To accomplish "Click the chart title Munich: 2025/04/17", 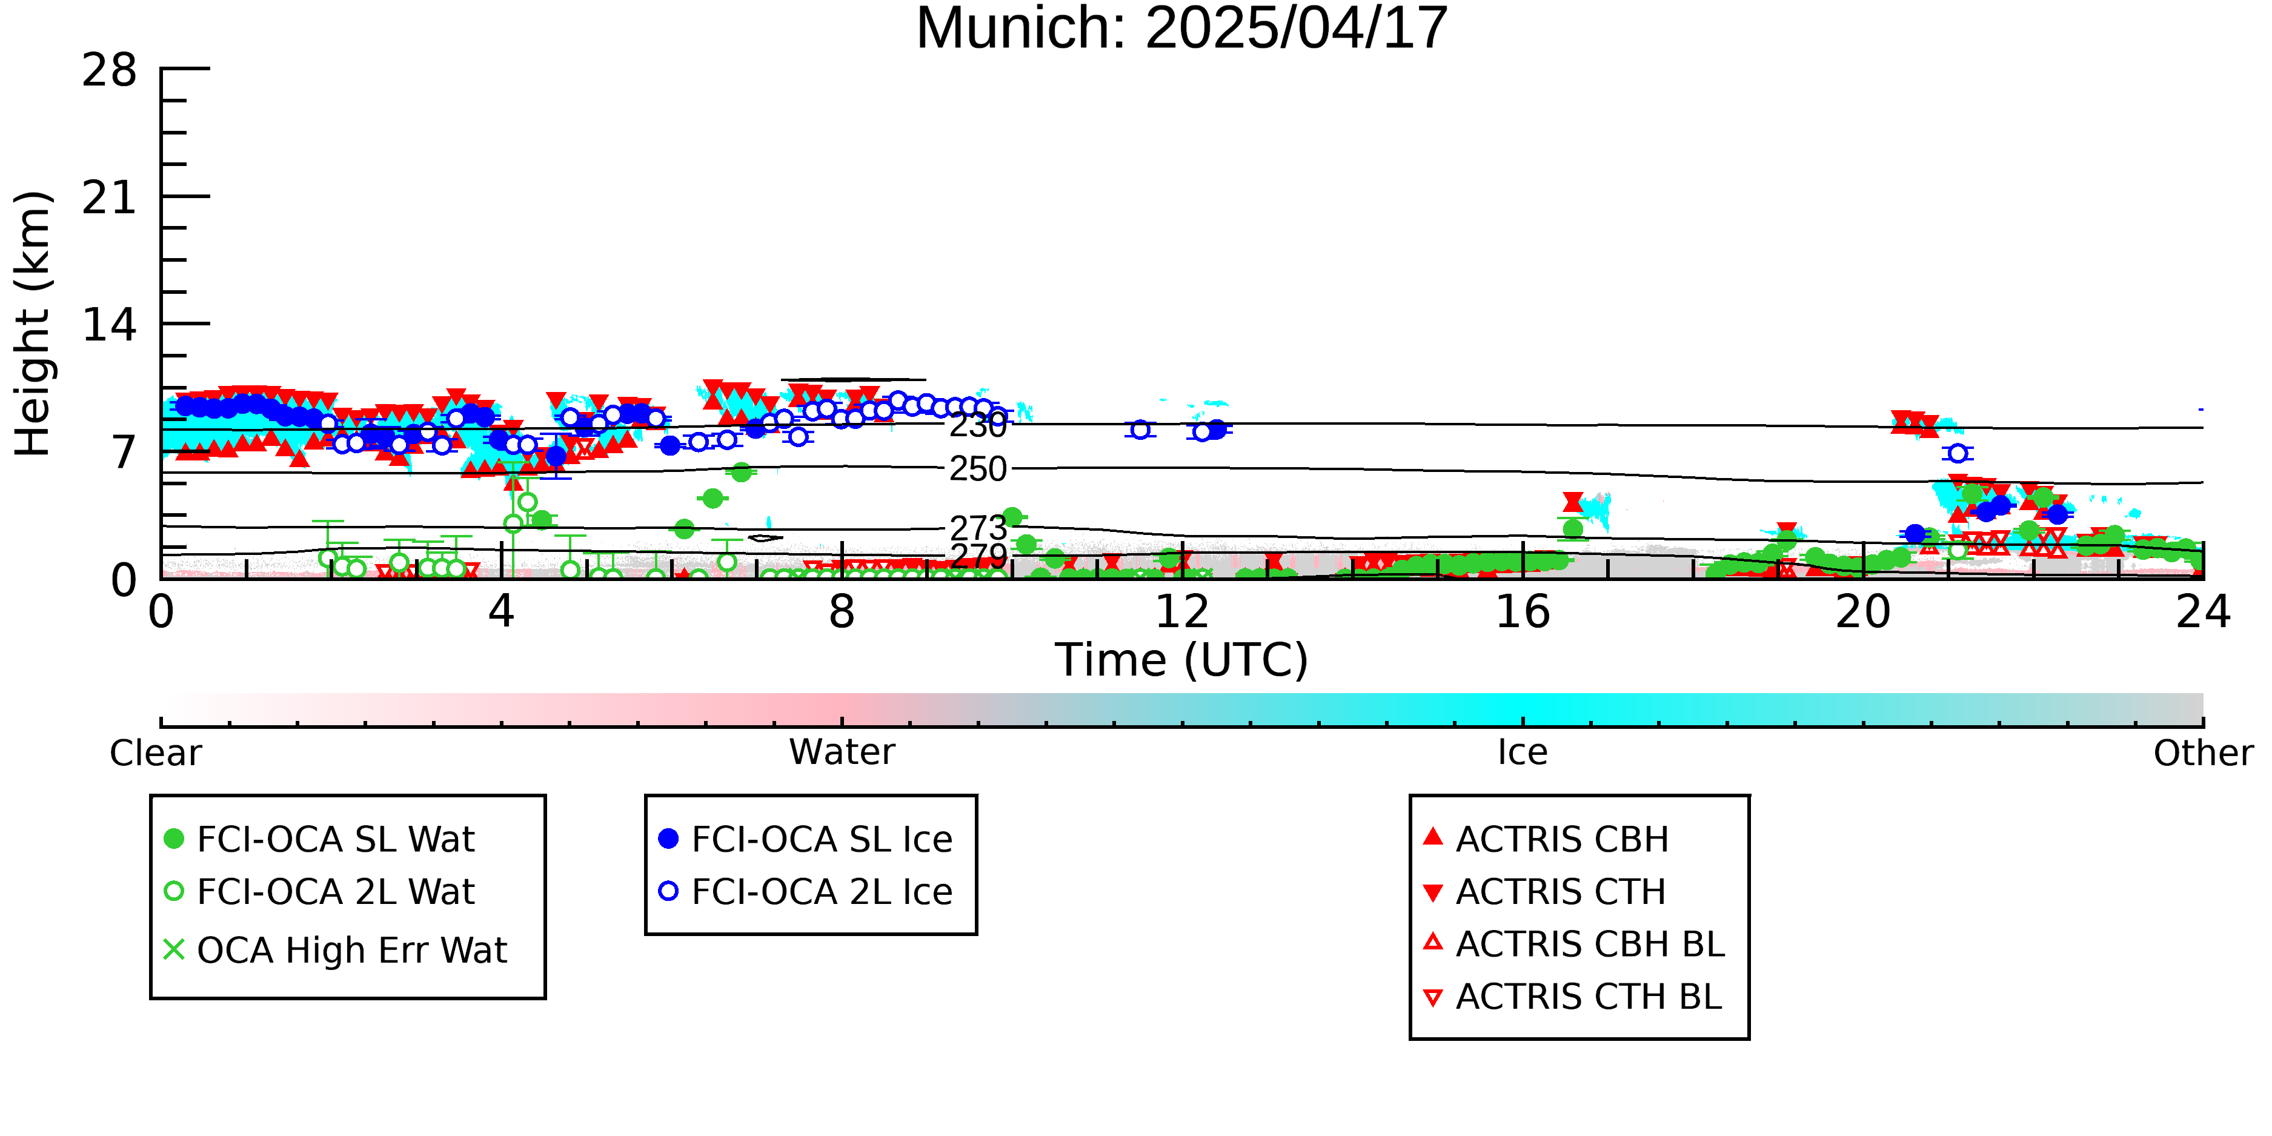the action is (x=1182, y=28).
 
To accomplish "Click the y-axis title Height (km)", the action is (x=33, y=324).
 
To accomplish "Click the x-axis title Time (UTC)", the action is (x=1182, y=660).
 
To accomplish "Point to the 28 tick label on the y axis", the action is (x=110, y=70).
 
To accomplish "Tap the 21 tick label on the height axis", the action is (x=110, y=198).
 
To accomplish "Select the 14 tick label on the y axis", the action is (x=110, y=325).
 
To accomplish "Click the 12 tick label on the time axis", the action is (x=1182, y=611).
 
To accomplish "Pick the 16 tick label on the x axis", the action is (x=1523, y=611).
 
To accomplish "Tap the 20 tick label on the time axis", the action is (x=1863, y=611).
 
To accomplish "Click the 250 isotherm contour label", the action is (x=978, y=469).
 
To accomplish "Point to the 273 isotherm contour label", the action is (x=978, y=528).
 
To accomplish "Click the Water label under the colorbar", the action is (x=842, y=752).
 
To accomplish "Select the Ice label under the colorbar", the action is (x=1523, y=752).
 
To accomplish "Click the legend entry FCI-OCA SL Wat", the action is (x=320, y=839).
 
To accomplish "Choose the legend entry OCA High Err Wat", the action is (x=336, y=950).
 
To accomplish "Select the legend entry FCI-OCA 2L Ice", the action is (x=806, y=892).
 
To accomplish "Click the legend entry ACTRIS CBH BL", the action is (x=1575, y=944).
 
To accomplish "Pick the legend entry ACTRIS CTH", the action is (x=1544, y=892).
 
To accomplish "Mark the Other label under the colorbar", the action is (x=2203, y=752).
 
